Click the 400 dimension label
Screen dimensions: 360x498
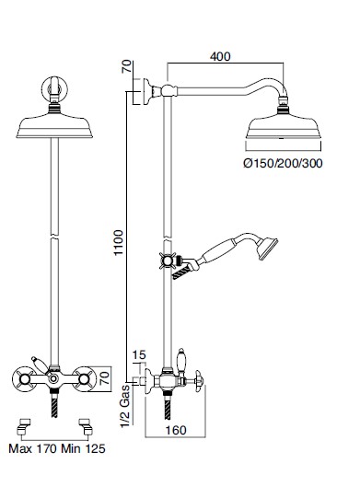(220, 56)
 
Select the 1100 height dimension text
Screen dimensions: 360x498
(119, 243)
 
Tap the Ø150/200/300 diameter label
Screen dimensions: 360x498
(283, 164)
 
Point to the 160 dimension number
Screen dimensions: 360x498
(176, 430)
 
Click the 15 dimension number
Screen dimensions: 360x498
(139, 354)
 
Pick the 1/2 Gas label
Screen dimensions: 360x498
(125, 406)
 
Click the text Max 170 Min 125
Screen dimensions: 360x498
(57, 449)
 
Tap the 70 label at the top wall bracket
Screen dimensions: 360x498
(126, 66)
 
